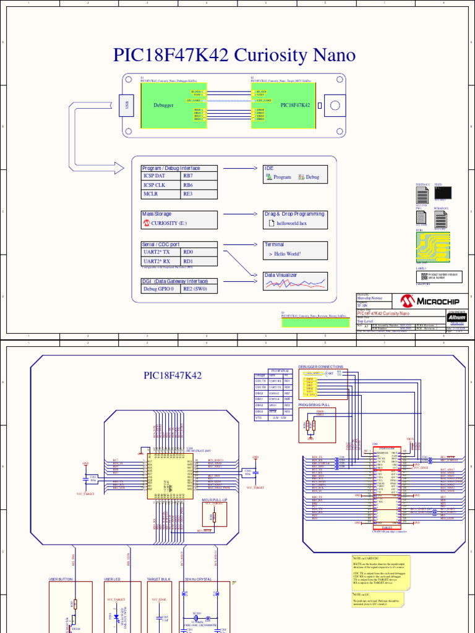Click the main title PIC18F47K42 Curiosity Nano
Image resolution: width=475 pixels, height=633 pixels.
[x=234, y=56]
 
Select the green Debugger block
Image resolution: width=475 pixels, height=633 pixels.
[x=165, y=106]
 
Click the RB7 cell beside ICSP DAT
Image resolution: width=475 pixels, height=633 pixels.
[x=199, y=176]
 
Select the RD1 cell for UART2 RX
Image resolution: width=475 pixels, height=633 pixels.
[x=199, y=261]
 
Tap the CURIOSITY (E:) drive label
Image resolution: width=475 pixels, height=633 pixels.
[x=168, y=223]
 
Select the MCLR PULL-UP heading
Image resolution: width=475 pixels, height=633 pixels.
[x=215, y=499]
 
